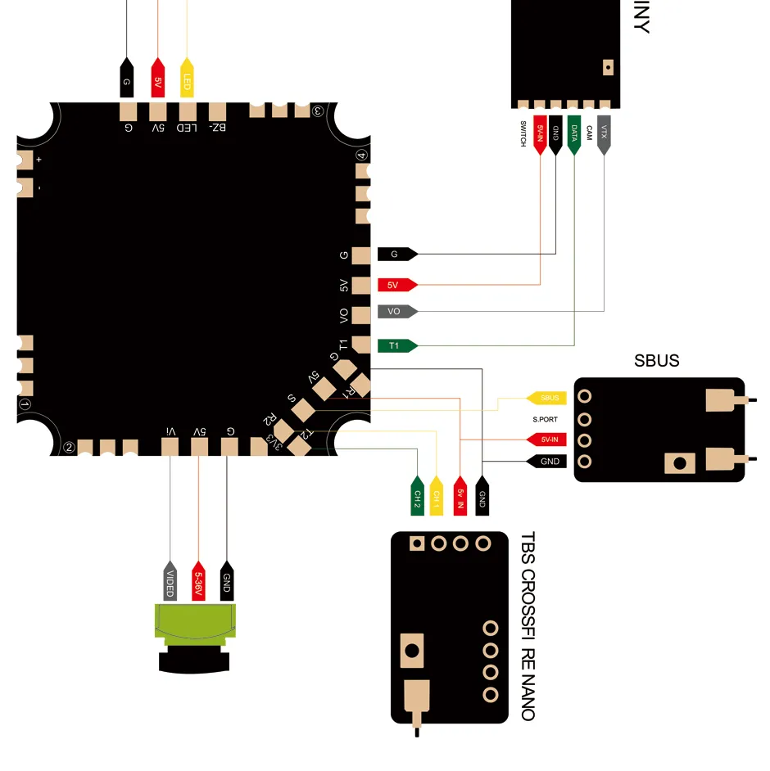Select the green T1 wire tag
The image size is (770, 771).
(397, 345)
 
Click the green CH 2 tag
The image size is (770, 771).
(417, 497)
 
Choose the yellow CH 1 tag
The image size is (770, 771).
(437, 497)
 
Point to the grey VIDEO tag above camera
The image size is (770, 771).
(170, 583)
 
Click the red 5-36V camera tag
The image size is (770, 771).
(197, 583)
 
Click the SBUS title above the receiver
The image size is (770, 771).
(656, 361)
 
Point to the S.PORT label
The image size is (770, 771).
(546, 419)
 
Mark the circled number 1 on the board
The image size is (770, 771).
(25, 404)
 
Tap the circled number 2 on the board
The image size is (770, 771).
(70, 448)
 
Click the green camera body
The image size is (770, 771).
(197, 622)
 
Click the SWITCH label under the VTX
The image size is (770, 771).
(523, 134)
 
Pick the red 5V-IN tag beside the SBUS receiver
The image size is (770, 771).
(550, 440)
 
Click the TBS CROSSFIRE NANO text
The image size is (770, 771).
(528, 626)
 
